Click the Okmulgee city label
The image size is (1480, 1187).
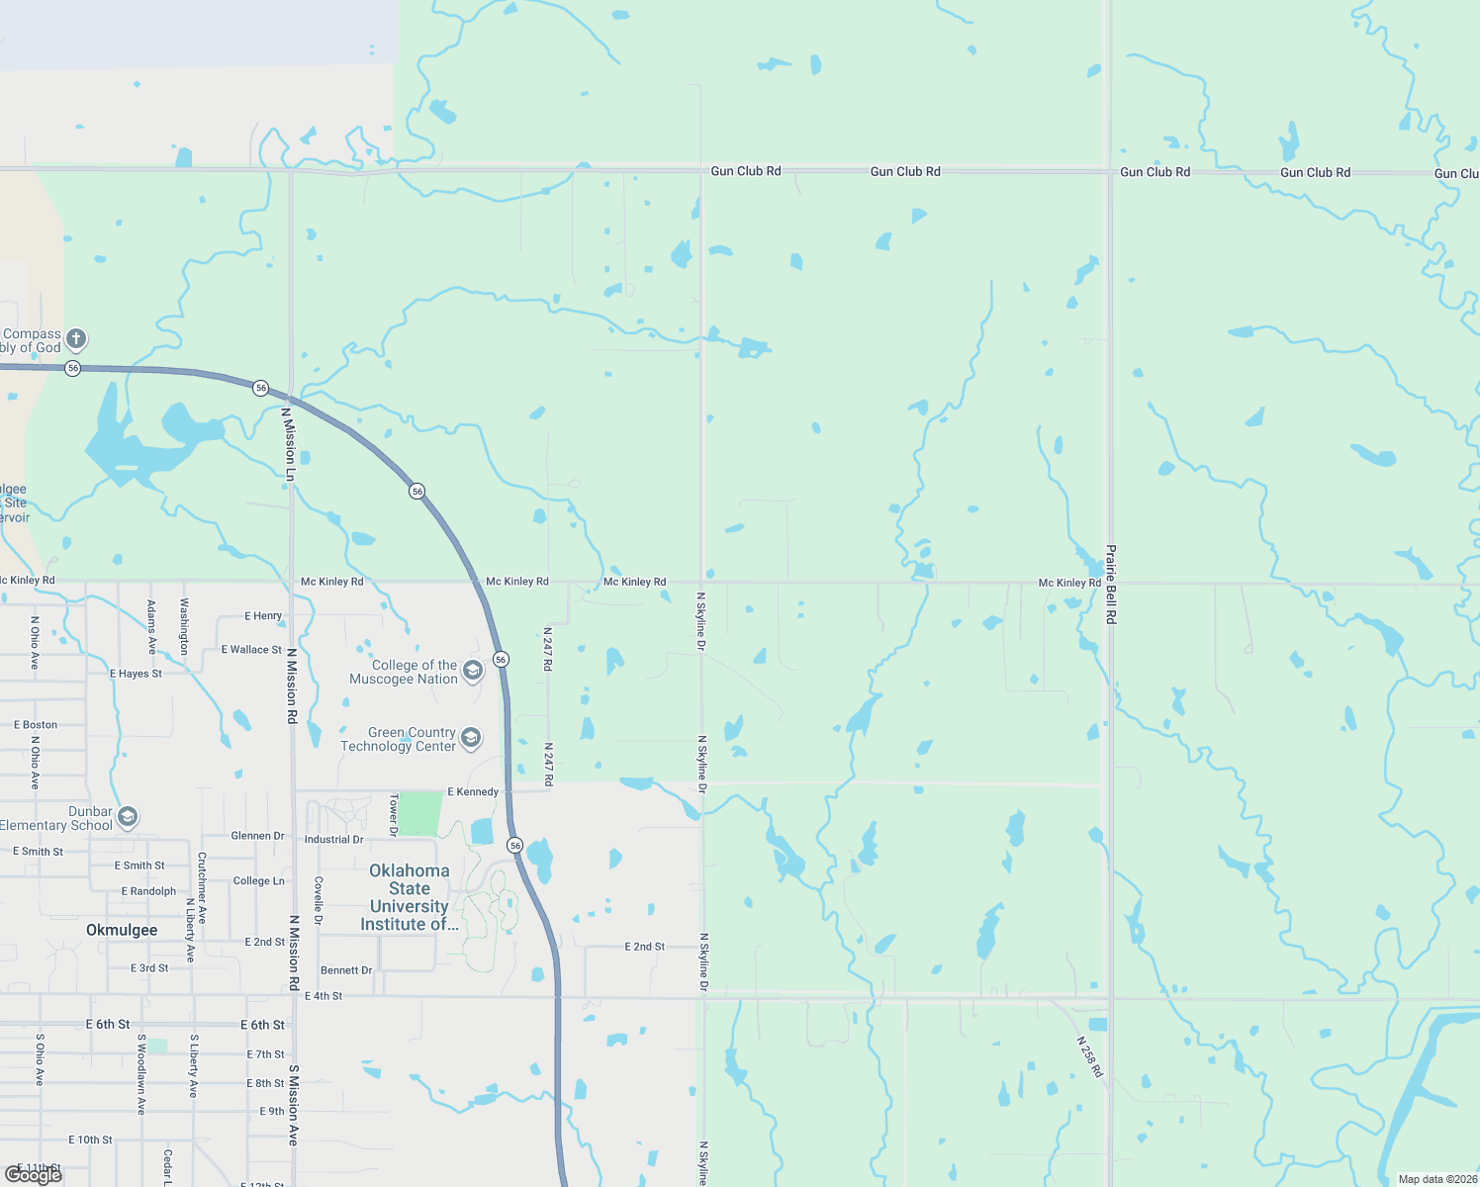click(x=122, y=930)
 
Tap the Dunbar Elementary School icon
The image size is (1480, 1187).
click(x=128, y=817)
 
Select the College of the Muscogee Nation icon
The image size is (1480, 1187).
click(x=473, y=672)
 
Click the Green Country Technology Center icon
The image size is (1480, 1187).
click(x=471, y=738)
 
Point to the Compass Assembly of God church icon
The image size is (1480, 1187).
click(x=76, y=339)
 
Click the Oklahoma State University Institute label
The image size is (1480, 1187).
click(x=409, y=897)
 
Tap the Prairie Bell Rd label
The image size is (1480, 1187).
click(x=1111, y=584)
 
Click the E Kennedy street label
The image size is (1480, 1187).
click(x=473, y=792)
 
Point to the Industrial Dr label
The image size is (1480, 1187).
click(x=333, y=840)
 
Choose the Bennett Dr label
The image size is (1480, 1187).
click(x=346, y=970)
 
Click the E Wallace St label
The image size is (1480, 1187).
click(x=251, y=650)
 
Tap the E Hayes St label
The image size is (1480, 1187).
click(x=136, y=674)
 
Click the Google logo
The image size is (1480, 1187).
click(x=33, y=1175)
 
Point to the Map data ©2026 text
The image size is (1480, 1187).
click(x=1437, y=1179)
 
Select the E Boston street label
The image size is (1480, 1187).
click(x=36, y=725)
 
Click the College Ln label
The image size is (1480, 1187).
click(x=258, y=881)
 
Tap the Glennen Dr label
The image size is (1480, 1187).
click(x=257, y=836)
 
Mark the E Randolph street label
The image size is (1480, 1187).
click(x=148, y=891)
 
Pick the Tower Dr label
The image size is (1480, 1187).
click(x=394, y=814)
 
